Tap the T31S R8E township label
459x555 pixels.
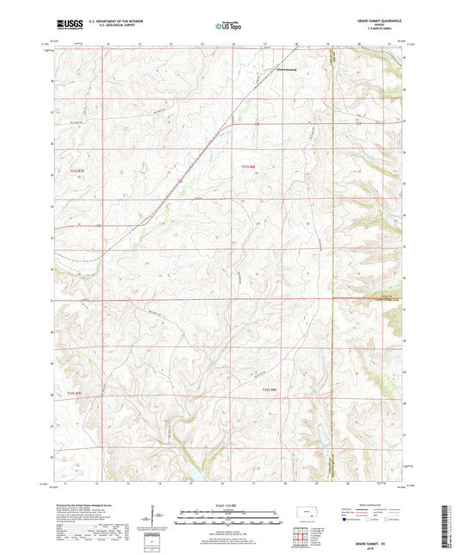pyautogui.click(x=248, y=166)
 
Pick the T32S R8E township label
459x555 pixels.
pyautogui.click(x=270, y=390)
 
